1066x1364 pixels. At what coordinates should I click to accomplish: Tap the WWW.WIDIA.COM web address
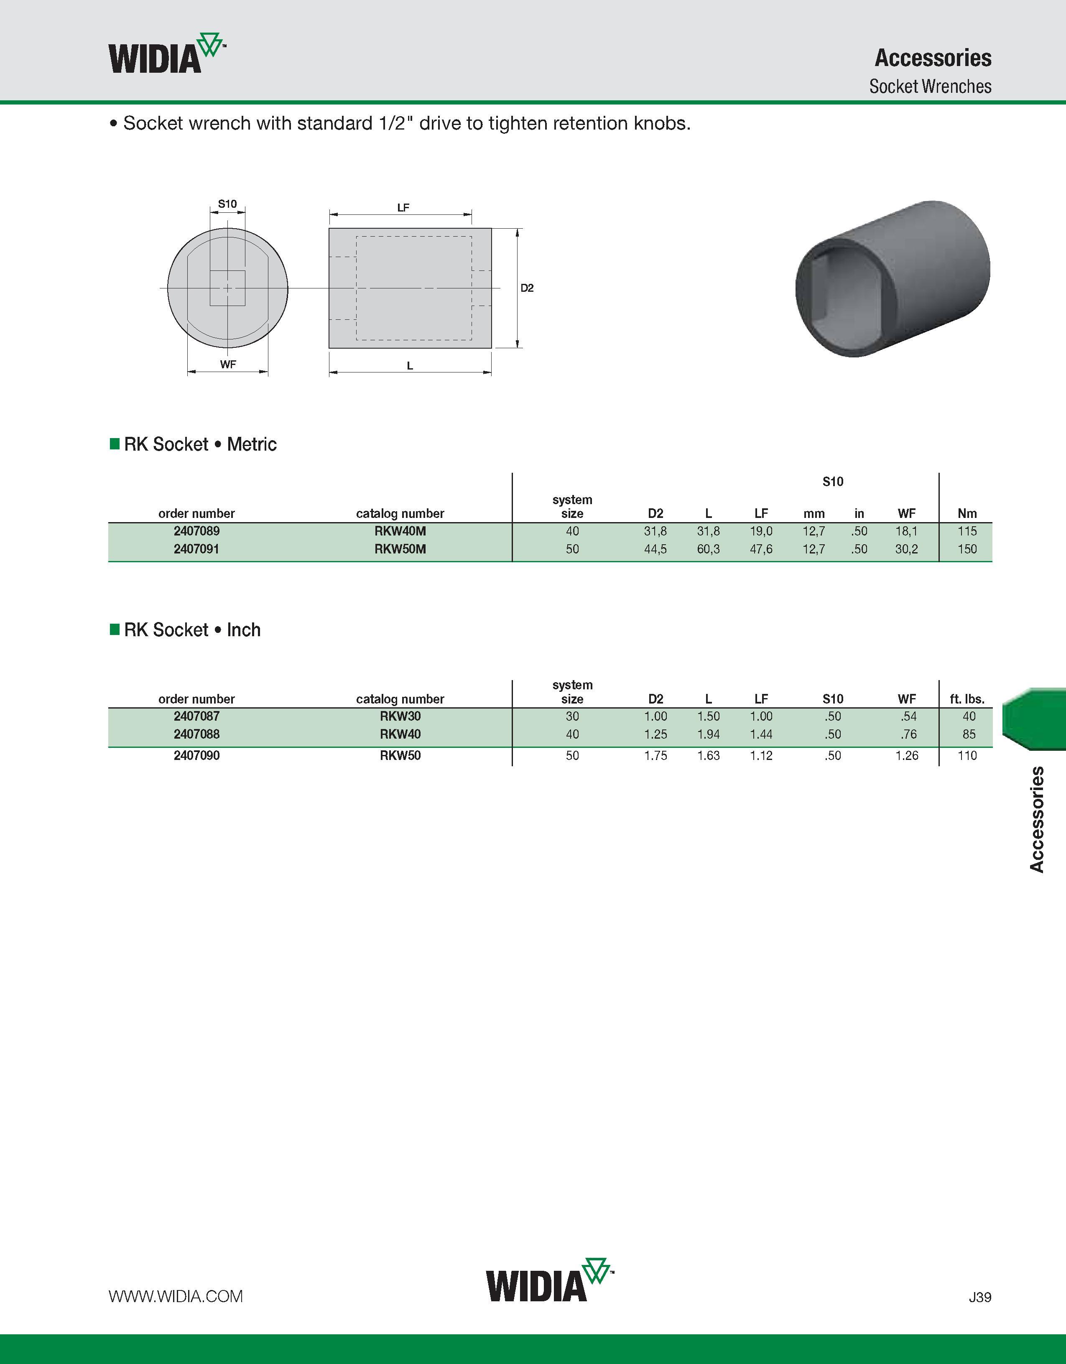coord(176,1297)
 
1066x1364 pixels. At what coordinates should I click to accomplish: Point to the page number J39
coord(980,1297)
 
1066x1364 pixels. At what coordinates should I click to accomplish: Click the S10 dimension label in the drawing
coord(227,204)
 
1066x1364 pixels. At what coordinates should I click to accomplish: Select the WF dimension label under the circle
coord(228,364)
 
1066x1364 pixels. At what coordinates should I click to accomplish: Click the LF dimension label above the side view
coord(403,207)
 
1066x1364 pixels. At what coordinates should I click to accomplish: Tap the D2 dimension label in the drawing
coord(527,288)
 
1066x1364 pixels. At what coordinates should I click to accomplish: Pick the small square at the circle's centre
coord(227,288)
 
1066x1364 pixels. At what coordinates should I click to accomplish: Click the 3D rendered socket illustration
coord(893,278)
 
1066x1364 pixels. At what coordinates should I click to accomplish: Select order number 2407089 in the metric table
coord(197,531)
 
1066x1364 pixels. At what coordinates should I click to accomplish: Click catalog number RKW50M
coord(400,549)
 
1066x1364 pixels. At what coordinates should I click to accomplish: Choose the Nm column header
coord(967,513)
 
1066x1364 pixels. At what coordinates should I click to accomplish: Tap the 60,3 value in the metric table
coord(708,549)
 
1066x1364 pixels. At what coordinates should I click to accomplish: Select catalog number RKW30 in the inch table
coord(400,716)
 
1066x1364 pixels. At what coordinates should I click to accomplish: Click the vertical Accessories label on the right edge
coord(1037,819)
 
